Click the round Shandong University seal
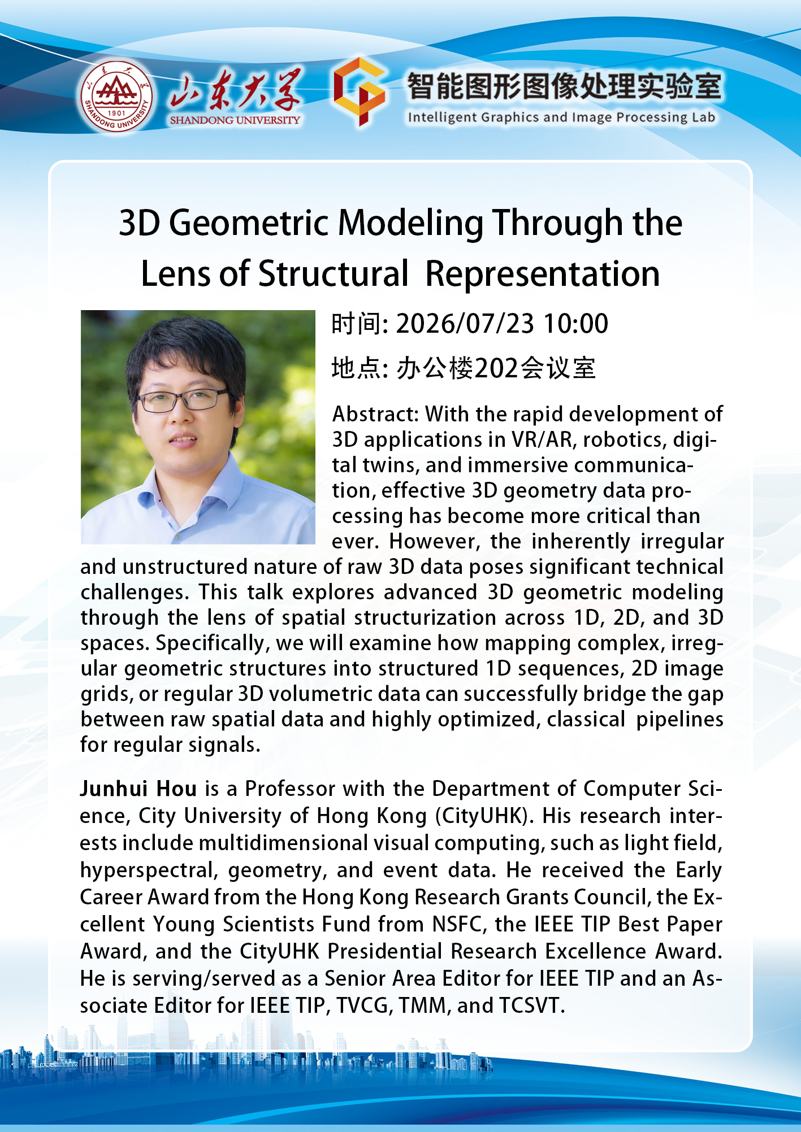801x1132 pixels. (x=116, y=97)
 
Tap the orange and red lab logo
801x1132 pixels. (x=360, y=91)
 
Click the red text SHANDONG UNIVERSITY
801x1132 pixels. (x=235, y=120)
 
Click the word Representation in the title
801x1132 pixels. (x=543, y=274)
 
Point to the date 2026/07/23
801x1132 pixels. (x=465, y=324)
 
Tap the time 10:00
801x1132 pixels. (x=575, y=324)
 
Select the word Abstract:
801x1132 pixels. (x=376, y=414)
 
